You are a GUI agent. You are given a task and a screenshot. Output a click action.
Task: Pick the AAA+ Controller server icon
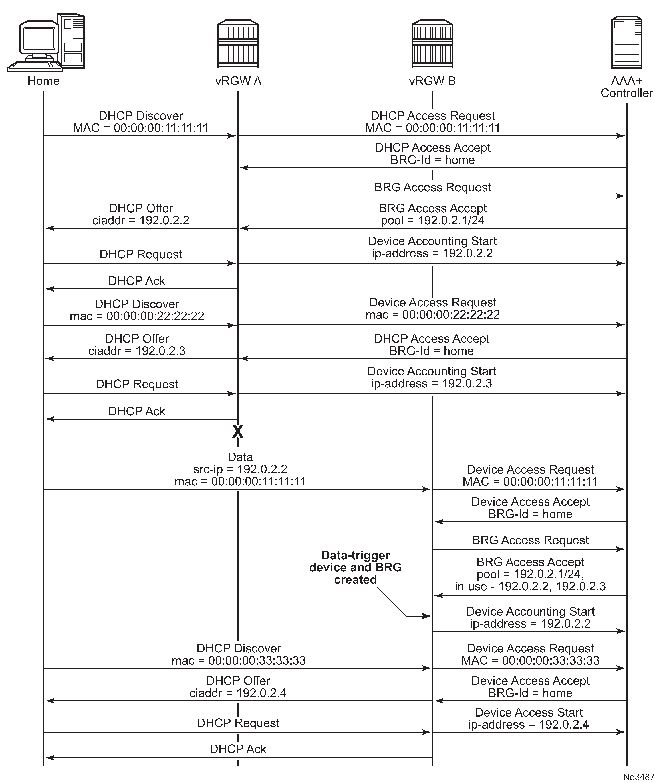coord(627,43)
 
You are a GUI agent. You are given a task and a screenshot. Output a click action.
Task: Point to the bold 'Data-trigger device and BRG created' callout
coord(356,567)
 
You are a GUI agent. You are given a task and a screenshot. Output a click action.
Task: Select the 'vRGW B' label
coord(432,81)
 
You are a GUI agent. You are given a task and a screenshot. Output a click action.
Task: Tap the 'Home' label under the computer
coord(44,81)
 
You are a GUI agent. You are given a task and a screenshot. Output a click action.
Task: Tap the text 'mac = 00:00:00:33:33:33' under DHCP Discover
coord(239,660)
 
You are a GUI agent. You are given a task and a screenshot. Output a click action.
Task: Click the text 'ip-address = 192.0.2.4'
coord(529,725)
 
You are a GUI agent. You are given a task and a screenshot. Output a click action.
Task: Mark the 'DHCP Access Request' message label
coord(432,116)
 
